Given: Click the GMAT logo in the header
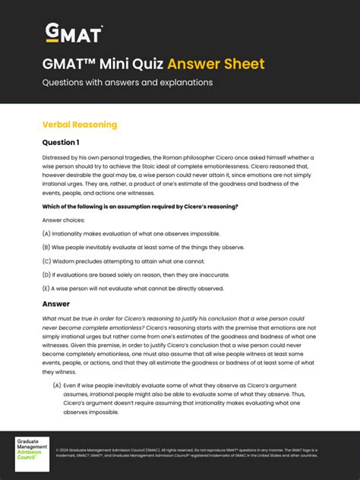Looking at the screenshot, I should click(74, 33).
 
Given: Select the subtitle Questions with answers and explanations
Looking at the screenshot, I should click(127, 82).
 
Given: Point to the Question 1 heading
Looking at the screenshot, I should click(61, 142).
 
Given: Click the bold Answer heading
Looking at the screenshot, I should click(56, 304).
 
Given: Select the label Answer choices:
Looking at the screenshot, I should click(64, 219).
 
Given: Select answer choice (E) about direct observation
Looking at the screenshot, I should click(133, 288).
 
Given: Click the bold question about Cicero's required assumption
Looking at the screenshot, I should click(140, 206).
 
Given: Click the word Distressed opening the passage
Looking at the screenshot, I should click(57, 158).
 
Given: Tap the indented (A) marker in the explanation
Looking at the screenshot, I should click(57, 386).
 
